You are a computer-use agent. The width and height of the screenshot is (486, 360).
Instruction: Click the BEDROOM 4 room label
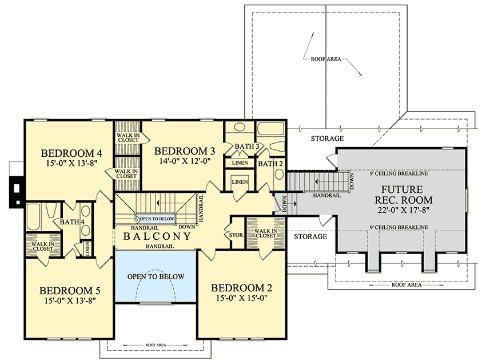(x=71, y=153)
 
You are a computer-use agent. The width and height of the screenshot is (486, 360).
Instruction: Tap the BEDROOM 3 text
(x=185, y=151)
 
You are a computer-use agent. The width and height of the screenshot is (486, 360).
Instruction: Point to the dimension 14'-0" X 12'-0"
(x=185, y=161)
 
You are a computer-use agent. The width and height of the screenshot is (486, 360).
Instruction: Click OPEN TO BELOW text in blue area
(x=156, y=276)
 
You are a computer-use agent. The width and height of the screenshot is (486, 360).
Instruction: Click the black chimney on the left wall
(x=17, y=187)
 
